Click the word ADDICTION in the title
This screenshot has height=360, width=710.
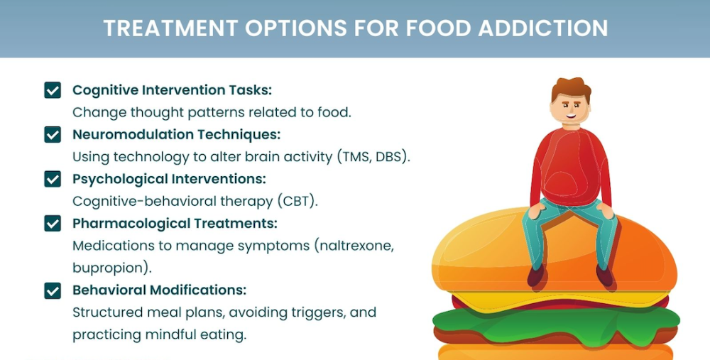point(543,28)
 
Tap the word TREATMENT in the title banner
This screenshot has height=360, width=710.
point(170,28)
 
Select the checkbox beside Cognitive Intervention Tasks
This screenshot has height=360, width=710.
point(53,90)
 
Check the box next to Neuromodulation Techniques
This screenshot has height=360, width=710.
point(53,134)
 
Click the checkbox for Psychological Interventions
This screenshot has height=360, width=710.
point(53,179)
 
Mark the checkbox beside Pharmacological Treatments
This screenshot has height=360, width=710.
point(53,223)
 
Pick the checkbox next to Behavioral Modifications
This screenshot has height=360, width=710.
point(53,290)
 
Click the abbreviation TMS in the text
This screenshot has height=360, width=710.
point(356,157)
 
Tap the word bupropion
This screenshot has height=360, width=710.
point(108,268)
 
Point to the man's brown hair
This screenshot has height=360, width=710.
point(571,87)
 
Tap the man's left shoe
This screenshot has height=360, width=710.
point(605,276)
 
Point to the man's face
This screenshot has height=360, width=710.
point(571,110)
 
